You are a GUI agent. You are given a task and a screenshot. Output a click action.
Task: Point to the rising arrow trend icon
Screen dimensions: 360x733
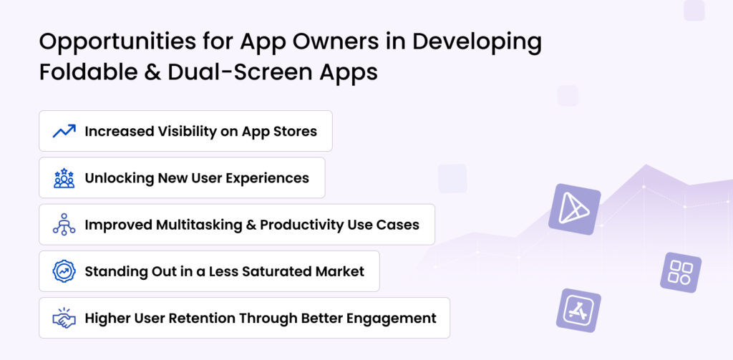[64, 131]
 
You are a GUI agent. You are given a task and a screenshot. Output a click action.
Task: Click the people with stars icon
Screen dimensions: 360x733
[64, 178]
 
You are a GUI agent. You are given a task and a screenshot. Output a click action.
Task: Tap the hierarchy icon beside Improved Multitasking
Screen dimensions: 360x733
[64, 225]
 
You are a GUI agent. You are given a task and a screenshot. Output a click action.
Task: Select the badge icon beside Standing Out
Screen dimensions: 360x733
[64, 271]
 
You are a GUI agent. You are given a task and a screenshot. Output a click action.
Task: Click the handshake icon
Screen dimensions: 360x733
[64, 318]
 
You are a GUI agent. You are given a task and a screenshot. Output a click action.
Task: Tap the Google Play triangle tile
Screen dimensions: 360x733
[574, 209]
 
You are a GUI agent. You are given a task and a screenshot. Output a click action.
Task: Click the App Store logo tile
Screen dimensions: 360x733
[578, 310]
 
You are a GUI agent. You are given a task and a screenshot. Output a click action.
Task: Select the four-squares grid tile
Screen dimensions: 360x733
[680, 272]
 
